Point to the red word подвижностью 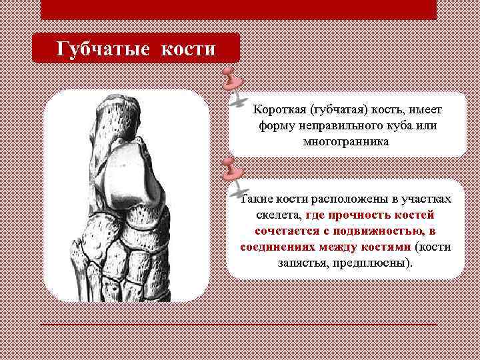tap(380, 231)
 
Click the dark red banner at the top tap(238, 9)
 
